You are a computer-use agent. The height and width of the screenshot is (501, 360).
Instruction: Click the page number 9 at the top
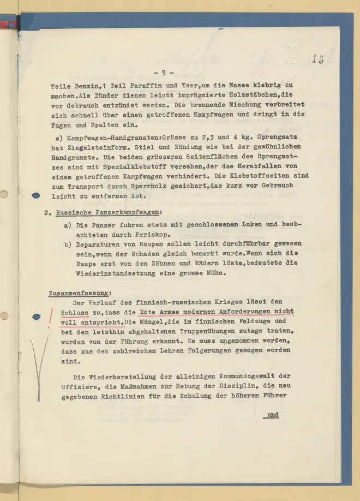[x=164, y=72]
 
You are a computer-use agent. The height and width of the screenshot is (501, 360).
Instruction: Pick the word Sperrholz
[x=157, y=186]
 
